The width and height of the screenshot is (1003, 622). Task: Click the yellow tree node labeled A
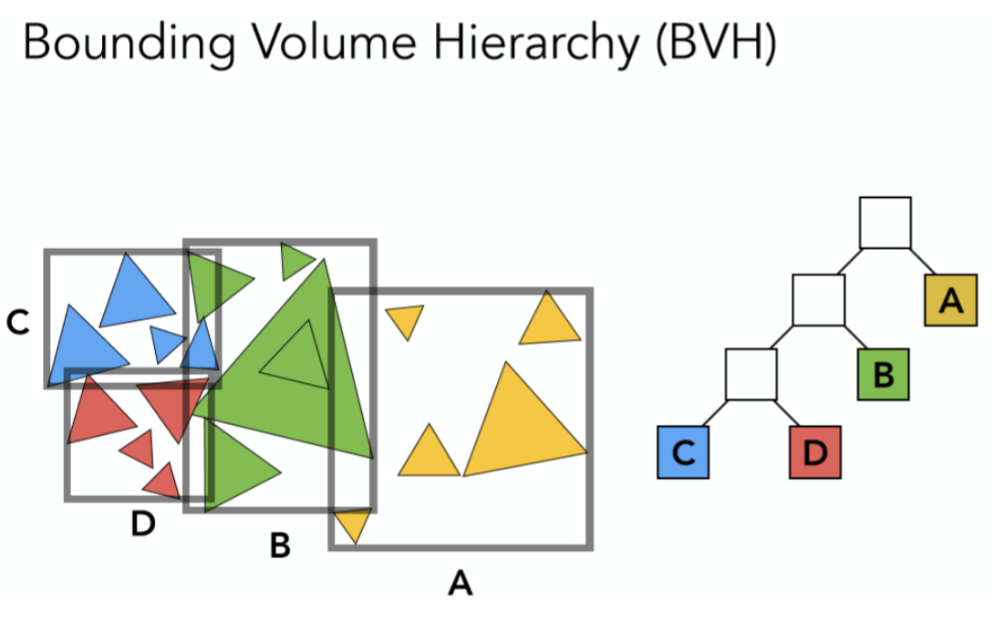tap(951, 300)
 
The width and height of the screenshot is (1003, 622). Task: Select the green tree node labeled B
tap(884, 375)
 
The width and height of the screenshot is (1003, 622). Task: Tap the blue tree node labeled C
tap(683, 453)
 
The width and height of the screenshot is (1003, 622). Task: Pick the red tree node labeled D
tap(815, 453)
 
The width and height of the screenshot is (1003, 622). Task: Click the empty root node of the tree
tap(884, 223)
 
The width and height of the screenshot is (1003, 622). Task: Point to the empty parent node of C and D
tap(751, 375)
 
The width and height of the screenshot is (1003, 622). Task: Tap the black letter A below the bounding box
tap(460, 581)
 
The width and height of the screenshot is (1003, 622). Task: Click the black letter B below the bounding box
tap(280, 545)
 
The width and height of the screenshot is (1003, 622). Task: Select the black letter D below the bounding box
tap(142, 524)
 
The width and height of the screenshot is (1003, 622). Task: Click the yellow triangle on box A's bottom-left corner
tap(353, 524)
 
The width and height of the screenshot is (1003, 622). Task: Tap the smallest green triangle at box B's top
tap(295, 261)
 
